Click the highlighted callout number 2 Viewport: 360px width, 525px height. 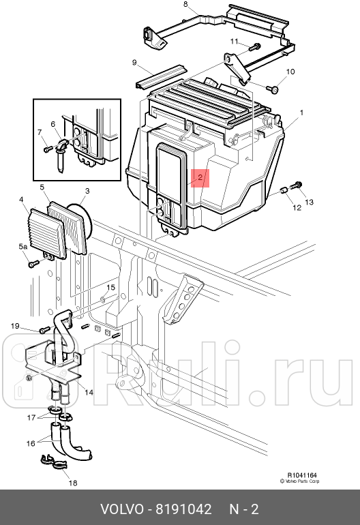200,178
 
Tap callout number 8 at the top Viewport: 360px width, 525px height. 185,4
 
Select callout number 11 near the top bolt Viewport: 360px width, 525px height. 234,42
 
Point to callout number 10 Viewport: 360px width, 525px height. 290,72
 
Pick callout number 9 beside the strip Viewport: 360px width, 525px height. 134,63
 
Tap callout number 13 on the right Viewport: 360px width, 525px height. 308,202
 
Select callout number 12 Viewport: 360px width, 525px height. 297,207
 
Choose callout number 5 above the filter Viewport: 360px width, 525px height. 42,187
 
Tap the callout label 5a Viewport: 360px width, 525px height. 22,247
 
